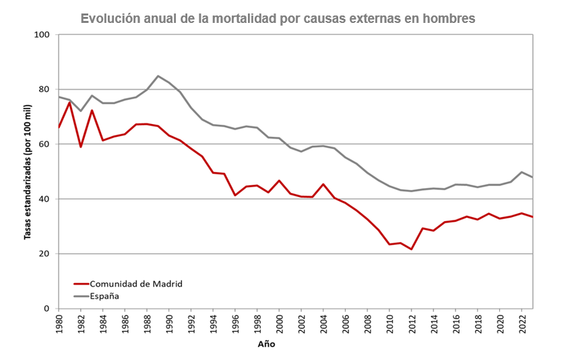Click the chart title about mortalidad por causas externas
278,18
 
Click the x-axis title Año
266,344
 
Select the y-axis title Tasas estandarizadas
28,171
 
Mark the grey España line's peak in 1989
158,76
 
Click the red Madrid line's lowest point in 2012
411,249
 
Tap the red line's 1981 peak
69,102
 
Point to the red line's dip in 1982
81,146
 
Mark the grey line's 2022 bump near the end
521,172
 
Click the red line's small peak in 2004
323,184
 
